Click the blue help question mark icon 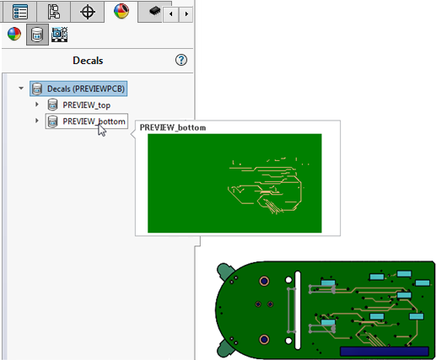coord(181,60)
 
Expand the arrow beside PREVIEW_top coord(37,105)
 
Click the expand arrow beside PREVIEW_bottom coord(37,121)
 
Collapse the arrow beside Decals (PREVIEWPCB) coord(21,89)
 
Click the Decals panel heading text coord(88,61)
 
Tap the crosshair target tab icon coord(88,12)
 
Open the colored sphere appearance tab coord(121,11)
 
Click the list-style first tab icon coord(20,12)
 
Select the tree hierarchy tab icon coord(54,12)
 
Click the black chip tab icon coord(154,11)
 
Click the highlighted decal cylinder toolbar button coord(37,35)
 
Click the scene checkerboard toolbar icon coord(59,35)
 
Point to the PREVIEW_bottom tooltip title coord(173,127)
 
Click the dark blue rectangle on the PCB coord(385,352)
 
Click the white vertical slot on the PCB coord(298,310)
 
